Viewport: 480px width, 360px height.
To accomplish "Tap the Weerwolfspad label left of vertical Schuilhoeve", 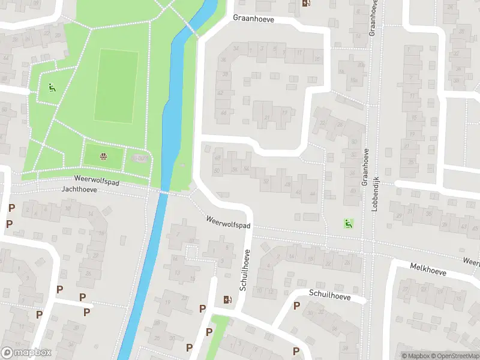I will [x=227, y=223].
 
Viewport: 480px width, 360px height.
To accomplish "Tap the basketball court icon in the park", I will [x=103, y=157].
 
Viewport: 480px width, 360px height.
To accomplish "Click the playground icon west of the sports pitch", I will [x=52, y=88].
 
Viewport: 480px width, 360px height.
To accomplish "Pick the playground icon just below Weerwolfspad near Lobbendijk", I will [x=347, y=223].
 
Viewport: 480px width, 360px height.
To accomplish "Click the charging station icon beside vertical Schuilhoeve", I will [x=227, y=299].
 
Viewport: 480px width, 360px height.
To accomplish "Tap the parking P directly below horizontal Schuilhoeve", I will [x=296, y=305].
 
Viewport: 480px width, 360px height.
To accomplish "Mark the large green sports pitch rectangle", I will [x=116, y=86].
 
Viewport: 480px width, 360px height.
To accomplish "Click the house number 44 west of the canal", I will [x=6, y=58].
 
